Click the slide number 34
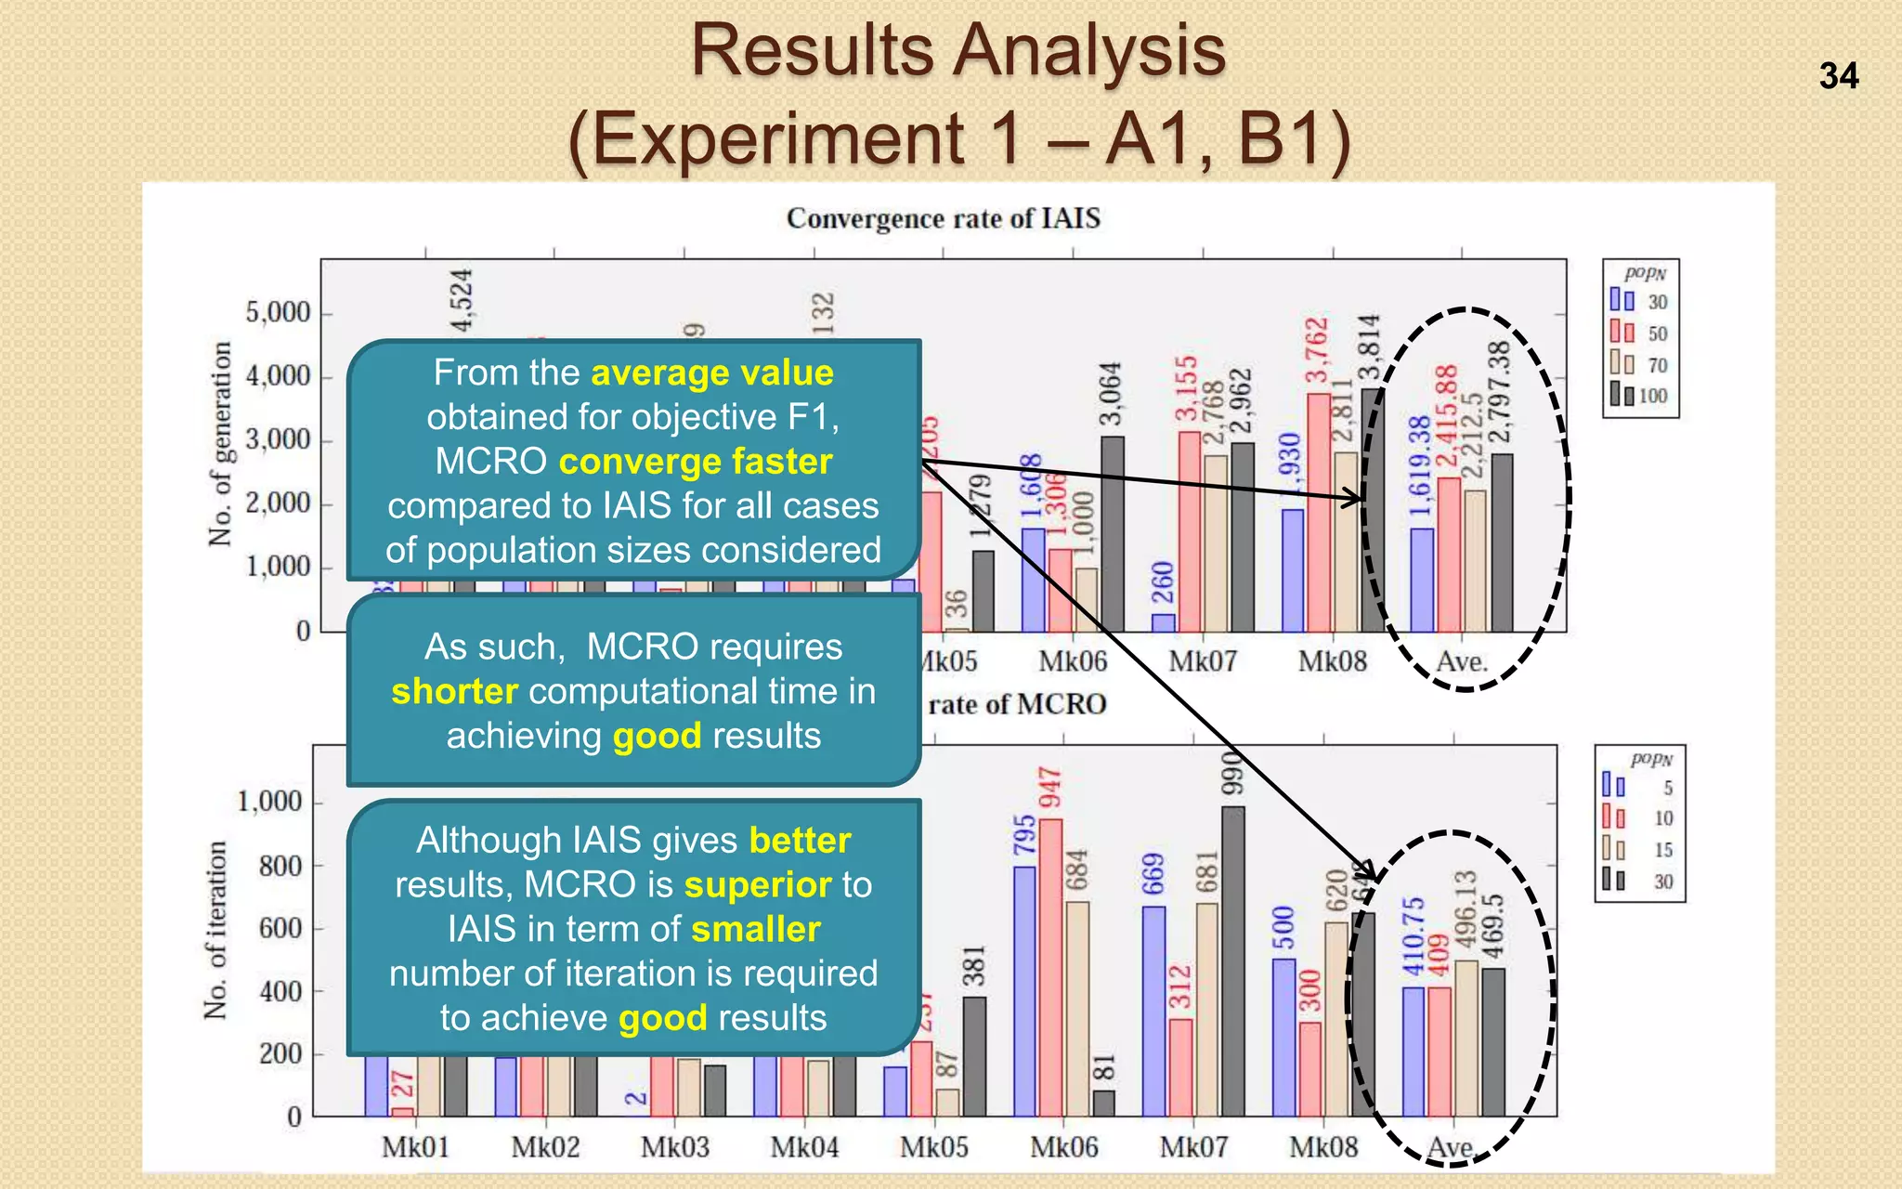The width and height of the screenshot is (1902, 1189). (1838, 76)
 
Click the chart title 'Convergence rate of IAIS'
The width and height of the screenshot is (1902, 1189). (943, 219)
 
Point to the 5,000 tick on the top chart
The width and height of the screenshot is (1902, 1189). (278, 313)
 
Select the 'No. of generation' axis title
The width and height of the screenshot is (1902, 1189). (220, 444)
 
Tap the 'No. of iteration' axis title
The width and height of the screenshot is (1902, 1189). (215, 931)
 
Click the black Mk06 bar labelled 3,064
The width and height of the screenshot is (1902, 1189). (1112, 534)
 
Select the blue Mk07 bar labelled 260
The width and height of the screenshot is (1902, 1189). (1163, 622)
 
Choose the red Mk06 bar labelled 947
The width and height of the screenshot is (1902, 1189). (1050, 967)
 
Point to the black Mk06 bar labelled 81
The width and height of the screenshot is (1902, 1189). (1103, 1104)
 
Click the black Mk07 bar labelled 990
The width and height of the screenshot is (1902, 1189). (1232, 961)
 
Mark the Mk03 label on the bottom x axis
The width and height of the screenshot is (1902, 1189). (675, 1147)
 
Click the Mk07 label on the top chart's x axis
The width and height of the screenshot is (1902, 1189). (1203, 662)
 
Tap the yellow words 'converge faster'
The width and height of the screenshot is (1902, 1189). (696, 462)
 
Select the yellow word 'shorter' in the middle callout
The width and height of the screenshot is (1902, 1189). (454, 692)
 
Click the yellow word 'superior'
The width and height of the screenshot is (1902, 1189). (758, 885)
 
